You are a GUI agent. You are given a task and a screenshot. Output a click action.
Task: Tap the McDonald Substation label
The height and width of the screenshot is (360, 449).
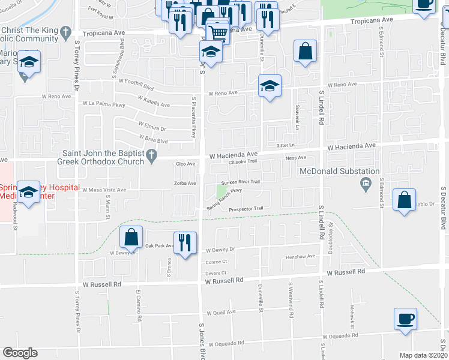click(x=340, y=172)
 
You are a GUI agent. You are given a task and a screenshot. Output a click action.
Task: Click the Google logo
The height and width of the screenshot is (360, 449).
click(x=20, y=353)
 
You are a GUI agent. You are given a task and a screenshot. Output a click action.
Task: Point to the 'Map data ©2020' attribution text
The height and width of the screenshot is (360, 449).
click(x=424, y=355)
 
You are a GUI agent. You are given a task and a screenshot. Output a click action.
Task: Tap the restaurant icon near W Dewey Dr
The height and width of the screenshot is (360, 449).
click(x=184, y=242)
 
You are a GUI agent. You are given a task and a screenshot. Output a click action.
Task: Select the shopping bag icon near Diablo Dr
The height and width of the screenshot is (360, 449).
click(x=405, y=199)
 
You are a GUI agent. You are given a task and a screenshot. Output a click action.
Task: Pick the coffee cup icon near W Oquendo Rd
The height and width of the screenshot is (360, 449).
click(x=405, y=318)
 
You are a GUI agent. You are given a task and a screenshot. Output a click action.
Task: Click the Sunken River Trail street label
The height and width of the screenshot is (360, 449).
click(x=240, y=181)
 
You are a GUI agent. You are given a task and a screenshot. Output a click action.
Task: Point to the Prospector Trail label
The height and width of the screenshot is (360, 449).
click(x=246, y=209)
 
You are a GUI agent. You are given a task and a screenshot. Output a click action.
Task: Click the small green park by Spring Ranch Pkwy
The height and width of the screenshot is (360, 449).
click(x=221, y=191)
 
